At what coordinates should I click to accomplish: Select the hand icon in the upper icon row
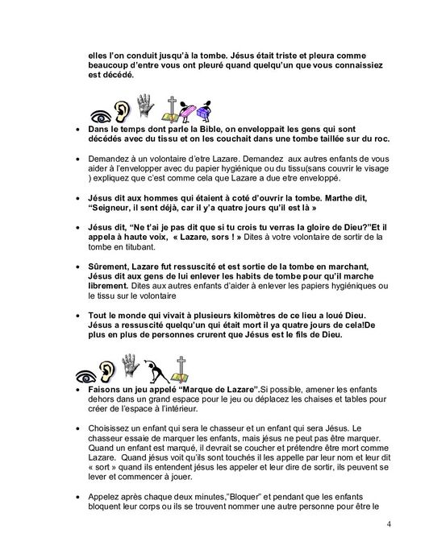(x=146, y=105)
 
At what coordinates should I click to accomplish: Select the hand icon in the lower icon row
(x=146, y=368)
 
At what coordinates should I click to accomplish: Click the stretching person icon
(x=171, y=370)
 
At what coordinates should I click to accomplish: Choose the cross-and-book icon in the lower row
(x=194, y=369)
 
